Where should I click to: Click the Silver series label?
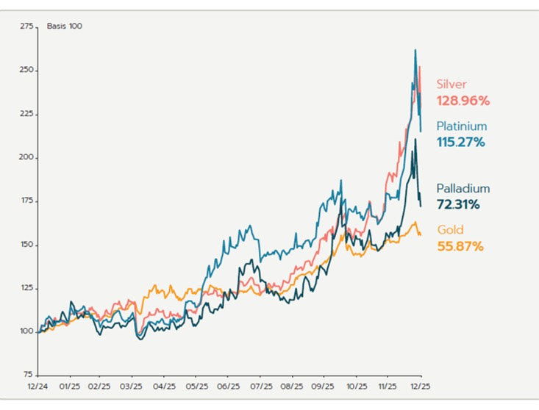point(452,84)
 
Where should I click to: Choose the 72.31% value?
point(458,204)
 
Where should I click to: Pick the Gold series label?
point(450,230)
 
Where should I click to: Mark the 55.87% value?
point(460,246)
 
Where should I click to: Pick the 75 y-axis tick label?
point(29,375)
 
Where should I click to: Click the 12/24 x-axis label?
point(38,386)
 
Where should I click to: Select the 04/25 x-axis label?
point(165,386)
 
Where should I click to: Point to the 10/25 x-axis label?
point(357,386)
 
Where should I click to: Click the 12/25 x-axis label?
point(421,386)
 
